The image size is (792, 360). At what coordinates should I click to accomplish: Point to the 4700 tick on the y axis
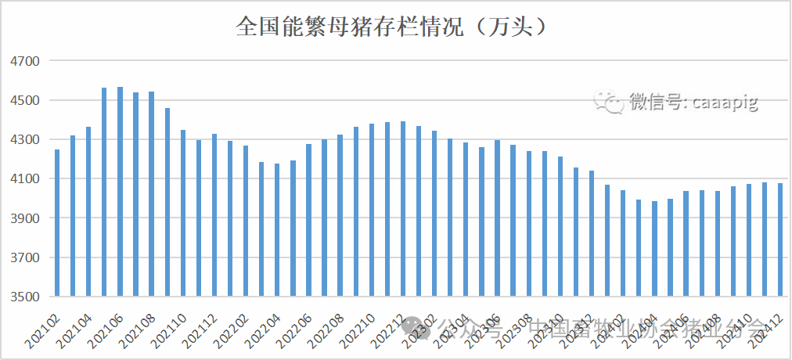[23, 61]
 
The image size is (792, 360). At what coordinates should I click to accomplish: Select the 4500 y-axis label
[23, 100]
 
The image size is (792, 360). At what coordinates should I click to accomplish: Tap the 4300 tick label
[23, 139]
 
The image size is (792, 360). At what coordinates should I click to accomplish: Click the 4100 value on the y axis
[23, 179]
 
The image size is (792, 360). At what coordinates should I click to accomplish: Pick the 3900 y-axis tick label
[23, 218]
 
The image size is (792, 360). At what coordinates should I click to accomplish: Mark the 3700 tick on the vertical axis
[23, 257]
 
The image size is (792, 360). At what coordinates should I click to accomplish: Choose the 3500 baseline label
[23, 297]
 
